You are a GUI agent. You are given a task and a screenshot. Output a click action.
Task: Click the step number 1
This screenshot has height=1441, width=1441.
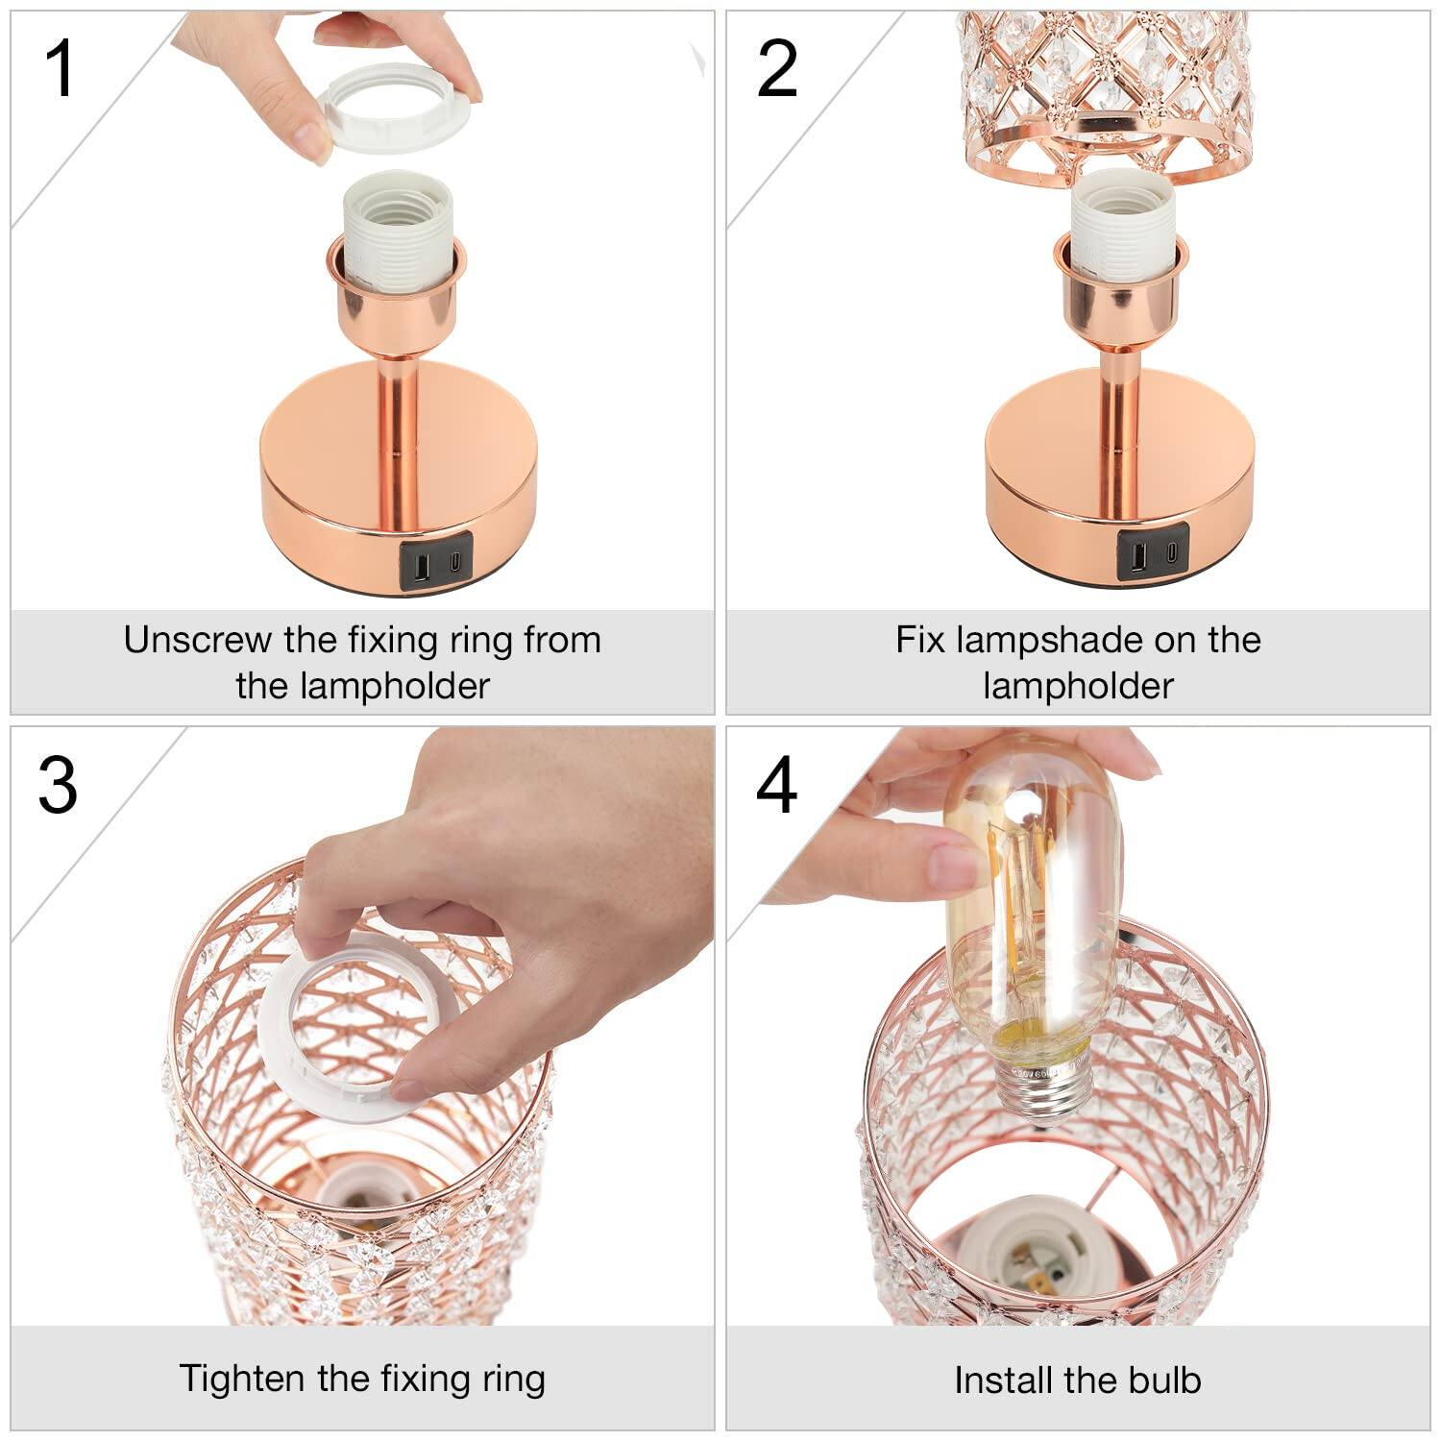(x=60, y=69)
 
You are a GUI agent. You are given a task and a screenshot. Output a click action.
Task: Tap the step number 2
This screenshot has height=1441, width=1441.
(x=776, y=69)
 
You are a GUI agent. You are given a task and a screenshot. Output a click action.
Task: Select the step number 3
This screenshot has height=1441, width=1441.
(x=58, y=786)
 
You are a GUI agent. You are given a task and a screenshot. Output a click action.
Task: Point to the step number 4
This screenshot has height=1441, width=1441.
(x=776, y=786)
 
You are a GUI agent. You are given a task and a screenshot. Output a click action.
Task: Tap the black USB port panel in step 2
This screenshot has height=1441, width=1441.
(x=1152, y=554)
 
